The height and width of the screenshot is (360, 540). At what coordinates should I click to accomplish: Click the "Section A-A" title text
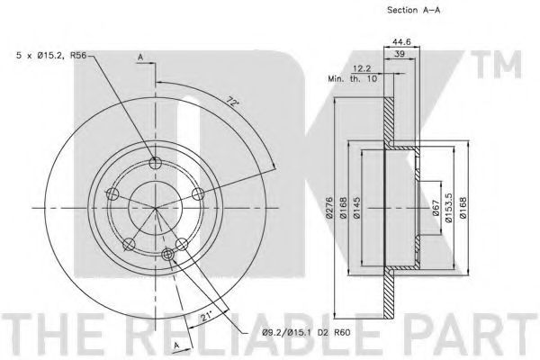click(x=413, y=10)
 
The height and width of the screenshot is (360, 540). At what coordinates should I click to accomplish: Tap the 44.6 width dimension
click(x=401, y=42)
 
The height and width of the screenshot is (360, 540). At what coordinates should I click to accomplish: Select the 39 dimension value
click(x=400, y=54)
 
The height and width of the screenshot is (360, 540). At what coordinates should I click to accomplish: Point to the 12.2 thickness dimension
click(x=362, y=69)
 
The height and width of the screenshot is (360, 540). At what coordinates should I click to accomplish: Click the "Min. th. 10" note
click(x=352, y=79)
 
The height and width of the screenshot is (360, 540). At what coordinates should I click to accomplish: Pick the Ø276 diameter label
click(x=329, y=207)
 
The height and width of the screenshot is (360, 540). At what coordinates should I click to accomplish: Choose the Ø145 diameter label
click(x=356, y=207)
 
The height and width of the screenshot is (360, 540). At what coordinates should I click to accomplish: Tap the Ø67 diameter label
click(x=436, y=208)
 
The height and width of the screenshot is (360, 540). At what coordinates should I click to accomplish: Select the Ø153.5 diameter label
click(x=448, y=207)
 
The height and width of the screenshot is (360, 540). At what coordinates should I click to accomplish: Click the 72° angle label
click(x=233, y=102)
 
